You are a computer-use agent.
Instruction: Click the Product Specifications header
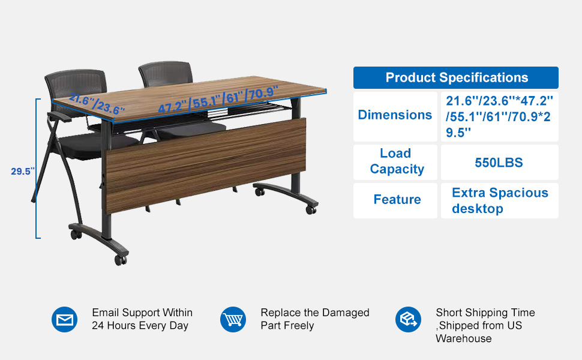(456, 77)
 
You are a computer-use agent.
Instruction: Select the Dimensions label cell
(395, 116)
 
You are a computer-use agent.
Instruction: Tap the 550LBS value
(499, 163)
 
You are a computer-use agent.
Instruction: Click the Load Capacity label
(397, 161)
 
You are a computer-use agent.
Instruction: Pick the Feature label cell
(395, 200)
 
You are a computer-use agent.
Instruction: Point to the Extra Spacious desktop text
(500, 200)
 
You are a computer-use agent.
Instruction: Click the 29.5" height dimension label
(23, 172)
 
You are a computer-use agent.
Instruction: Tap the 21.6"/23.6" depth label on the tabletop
(97, 104)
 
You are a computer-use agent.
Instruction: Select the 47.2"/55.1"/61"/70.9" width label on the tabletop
(218, 100)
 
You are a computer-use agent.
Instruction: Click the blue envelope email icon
(65, 320)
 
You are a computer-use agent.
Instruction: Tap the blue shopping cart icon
(233, 320)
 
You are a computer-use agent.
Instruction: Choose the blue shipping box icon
(408, 320)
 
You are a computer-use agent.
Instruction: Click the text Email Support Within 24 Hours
(142, 319)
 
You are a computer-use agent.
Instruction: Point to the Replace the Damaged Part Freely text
(315, 319)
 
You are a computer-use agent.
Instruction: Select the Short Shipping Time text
(485, 313)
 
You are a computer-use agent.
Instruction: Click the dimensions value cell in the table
(500, 116)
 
